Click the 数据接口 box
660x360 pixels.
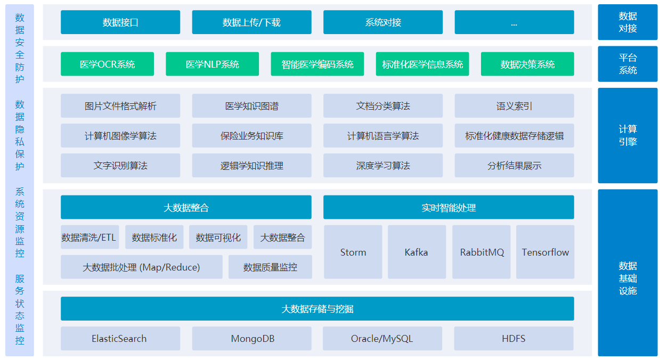point(120,22)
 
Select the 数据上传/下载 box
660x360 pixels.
point(251,22)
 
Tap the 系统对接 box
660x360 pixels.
point(383,22)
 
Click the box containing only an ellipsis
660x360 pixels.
point(514,22)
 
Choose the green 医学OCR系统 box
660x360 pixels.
point(107,64)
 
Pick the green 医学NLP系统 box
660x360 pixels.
point(212,64)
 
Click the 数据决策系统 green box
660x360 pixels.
point(527,64)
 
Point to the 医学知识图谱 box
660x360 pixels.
point(251,106)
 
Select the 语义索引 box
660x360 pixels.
point(514,106)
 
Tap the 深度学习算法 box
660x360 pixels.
point(383,165)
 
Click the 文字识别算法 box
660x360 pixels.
point(120,165)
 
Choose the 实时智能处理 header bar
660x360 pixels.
point(449,207)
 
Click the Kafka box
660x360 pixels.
point(417,252)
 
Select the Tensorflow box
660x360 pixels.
point(545,252)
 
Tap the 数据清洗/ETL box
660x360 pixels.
point(90,237)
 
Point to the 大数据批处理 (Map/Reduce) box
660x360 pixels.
point(142,267)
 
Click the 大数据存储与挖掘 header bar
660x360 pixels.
point(317,308)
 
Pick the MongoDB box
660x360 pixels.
point(251,338)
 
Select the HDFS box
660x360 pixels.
point(514,338)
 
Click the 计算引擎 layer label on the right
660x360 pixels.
point(628,135)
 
